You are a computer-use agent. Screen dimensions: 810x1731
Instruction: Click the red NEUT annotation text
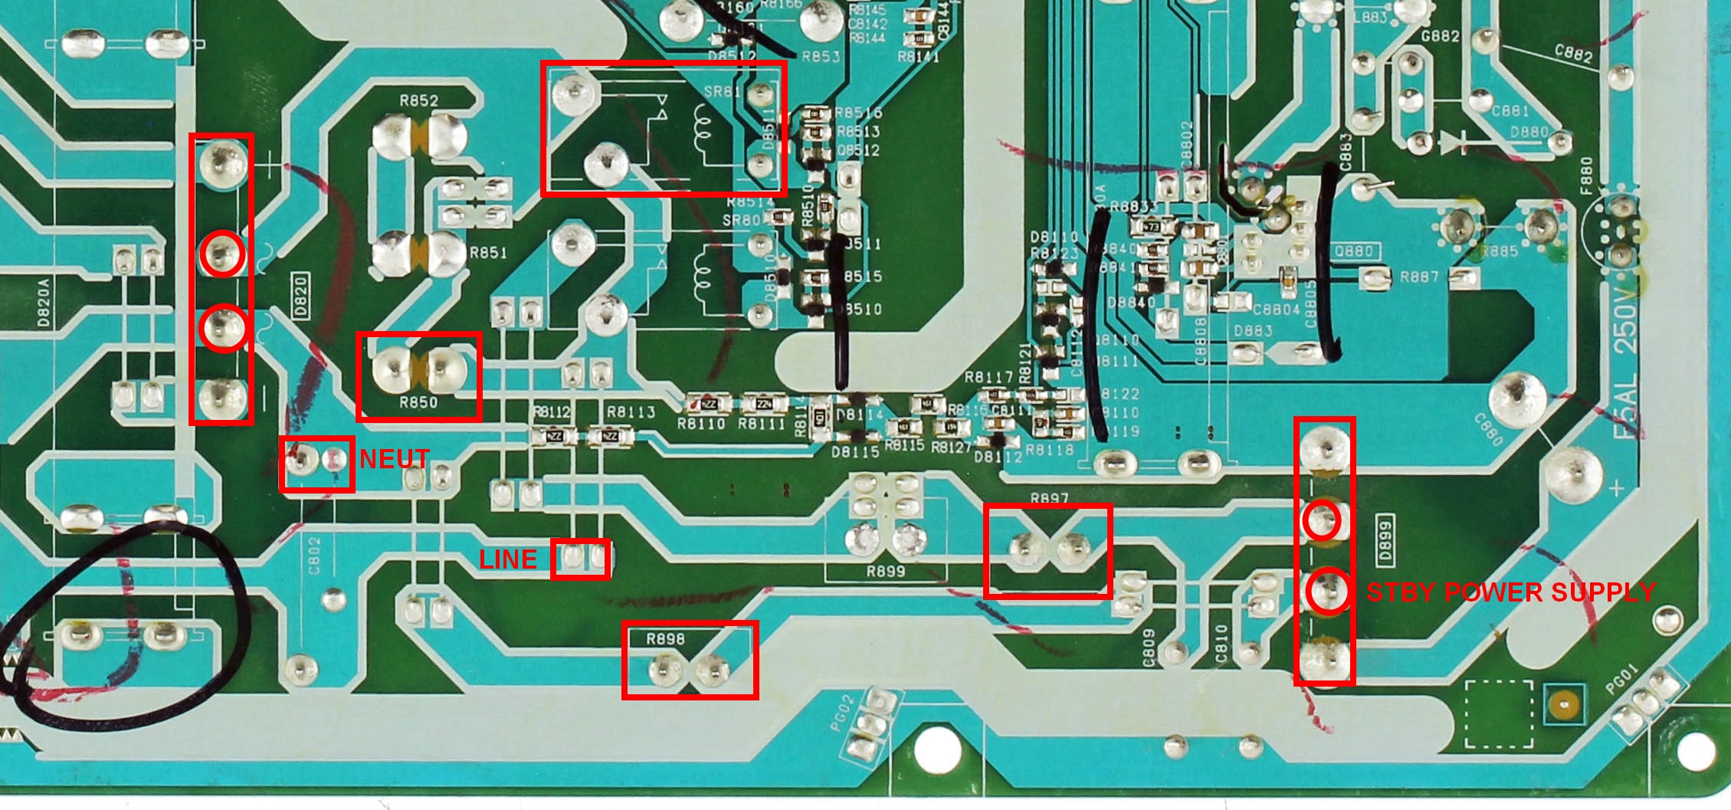(394, 459)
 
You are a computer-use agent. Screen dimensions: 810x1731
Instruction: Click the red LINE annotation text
(508, 559)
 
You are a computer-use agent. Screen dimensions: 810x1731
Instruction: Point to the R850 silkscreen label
(418, 403)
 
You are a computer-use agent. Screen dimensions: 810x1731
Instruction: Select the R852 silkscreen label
(418, 100)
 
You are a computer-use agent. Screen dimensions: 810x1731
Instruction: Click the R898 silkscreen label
(665, 639)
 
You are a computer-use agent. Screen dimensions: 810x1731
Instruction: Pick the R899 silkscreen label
(885, 572)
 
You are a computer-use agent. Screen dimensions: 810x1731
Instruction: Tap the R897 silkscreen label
(1049, 499)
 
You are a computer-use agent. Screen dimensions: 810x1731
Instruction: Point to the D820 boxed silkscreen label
(300, 295)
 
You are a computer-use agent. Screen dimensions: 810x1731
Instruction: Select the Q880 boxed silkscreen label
(1353, 251)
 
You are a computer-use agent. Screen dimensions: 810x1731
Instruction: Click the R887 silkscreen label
(1419, 277)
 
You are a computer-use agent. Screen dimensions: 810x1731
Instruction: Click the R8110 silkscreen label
(700, 424)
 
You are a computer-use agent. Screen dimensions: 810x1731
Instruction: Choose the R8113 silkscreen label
(631, 412)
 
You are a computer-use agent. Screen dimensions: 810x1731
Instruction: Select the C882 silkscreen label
(1573, 54)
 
